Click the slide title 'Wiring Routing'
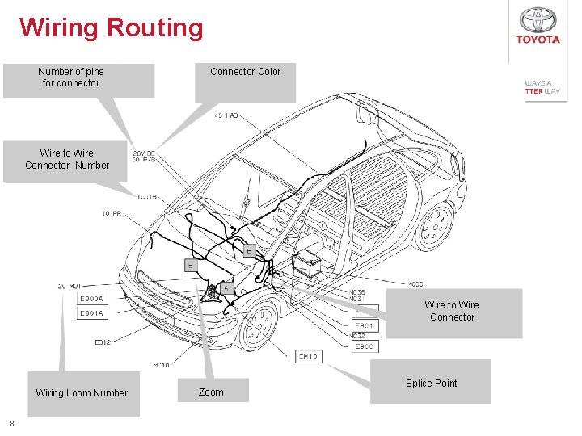click(x=112, y=27)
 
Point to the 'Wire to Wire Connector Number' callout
click(x=67, y=159)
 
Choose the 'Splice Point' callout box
click(x=431, y=383)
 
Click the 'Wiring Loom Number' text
click(x=82, y=393)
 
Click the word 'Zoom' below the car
click(x=211, y=392)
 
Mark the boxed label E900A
click(x=91, y=299)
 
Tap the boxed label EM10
click(x=308, y=356)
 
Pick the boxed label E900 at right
click(x=365, y=346)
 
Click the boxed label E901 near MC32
click(x=365, y=326)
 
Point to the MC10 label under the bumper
click(x=162, y=365)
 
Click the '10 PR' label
click(x=112, y=214)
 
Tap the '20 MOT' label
click(x=70, y=286)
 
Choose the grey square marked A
click(x=226, y=288)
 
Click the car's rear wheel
click(x=434, y=225)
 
